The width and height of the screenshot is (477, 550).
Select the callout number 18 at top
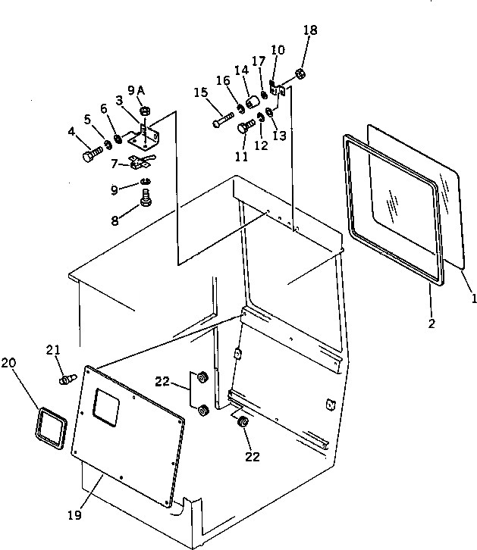309,31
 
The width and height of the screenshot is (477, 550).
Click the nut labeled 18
300,74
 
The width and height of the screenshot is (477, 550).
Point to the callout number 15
201,92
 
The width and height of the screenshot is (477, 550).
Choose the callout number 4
71,132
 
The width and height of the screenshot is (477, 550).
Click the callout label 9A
137,91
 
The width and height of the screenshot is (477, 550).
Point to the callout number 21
52,349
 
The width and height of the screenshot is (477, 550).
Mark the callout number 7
114,164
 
